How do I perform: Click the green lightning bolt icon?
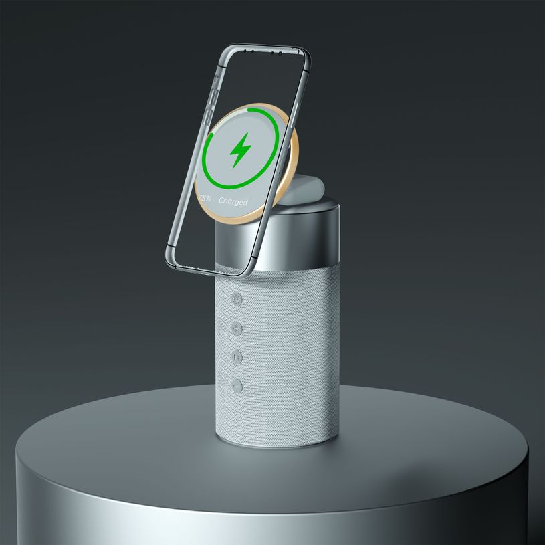(x=239, y=151)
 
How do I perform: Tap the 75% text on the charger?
(x=205, y=199)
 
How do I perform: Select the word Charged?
(x=232, y=201)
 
